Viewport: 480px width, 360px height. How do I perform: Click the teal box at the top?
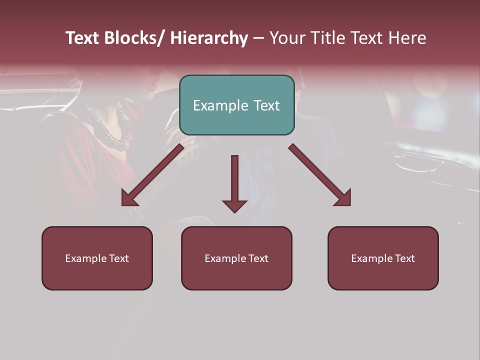pyautogui.click(x=236, y=105)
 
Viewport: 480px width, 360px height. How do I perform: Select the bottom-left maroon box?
pyautogui.click(x=97, y=258)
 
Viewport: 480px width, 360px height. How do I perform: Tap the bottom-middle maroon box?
pyautogui.click(x=236, y=258)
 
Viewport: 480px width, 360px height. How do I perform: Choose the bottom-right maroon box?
pyautogui.click(x=383, y=258)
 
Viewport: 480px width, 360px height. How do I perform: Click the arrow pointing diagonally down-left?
pyautogui.click(x=152, y=175)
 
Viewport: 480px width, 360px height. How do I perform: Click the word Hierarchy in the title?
pyautogui.click(x=209, y=38)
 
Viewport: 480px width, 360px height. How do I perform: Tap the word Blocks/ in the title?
pyautogui.click(x=132, y=38)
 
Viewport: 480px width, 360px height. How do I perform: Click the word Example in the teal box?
pyautogui.click(x=220, y=105)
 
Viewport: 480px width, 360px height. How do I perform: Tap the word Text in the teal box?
pyautogui.click(x=266, y=105)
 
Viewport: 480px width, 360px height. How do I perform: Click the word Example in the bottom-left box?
pyautogui.click(x=86, y=258)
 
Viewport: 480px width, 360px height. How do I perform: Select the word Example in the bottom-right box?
pyautogui.click(x=372, y=258)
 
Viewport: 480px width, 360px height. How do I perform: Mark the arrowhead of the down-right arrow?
pyautogui.click(x=344, y=198)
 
